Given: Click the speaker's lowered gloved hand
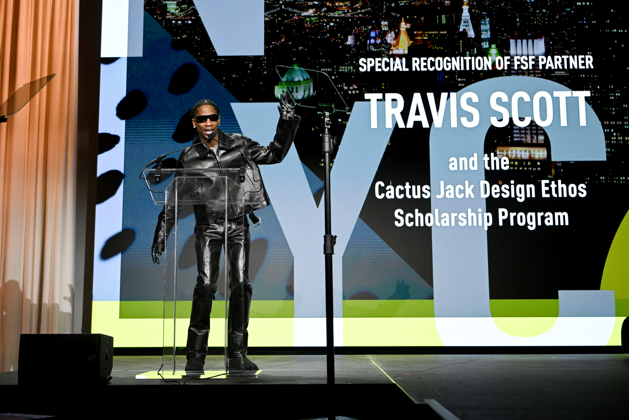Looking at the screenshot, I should pos(156,254).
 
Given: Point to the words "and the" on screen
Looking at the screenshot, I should pos(479,163).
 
